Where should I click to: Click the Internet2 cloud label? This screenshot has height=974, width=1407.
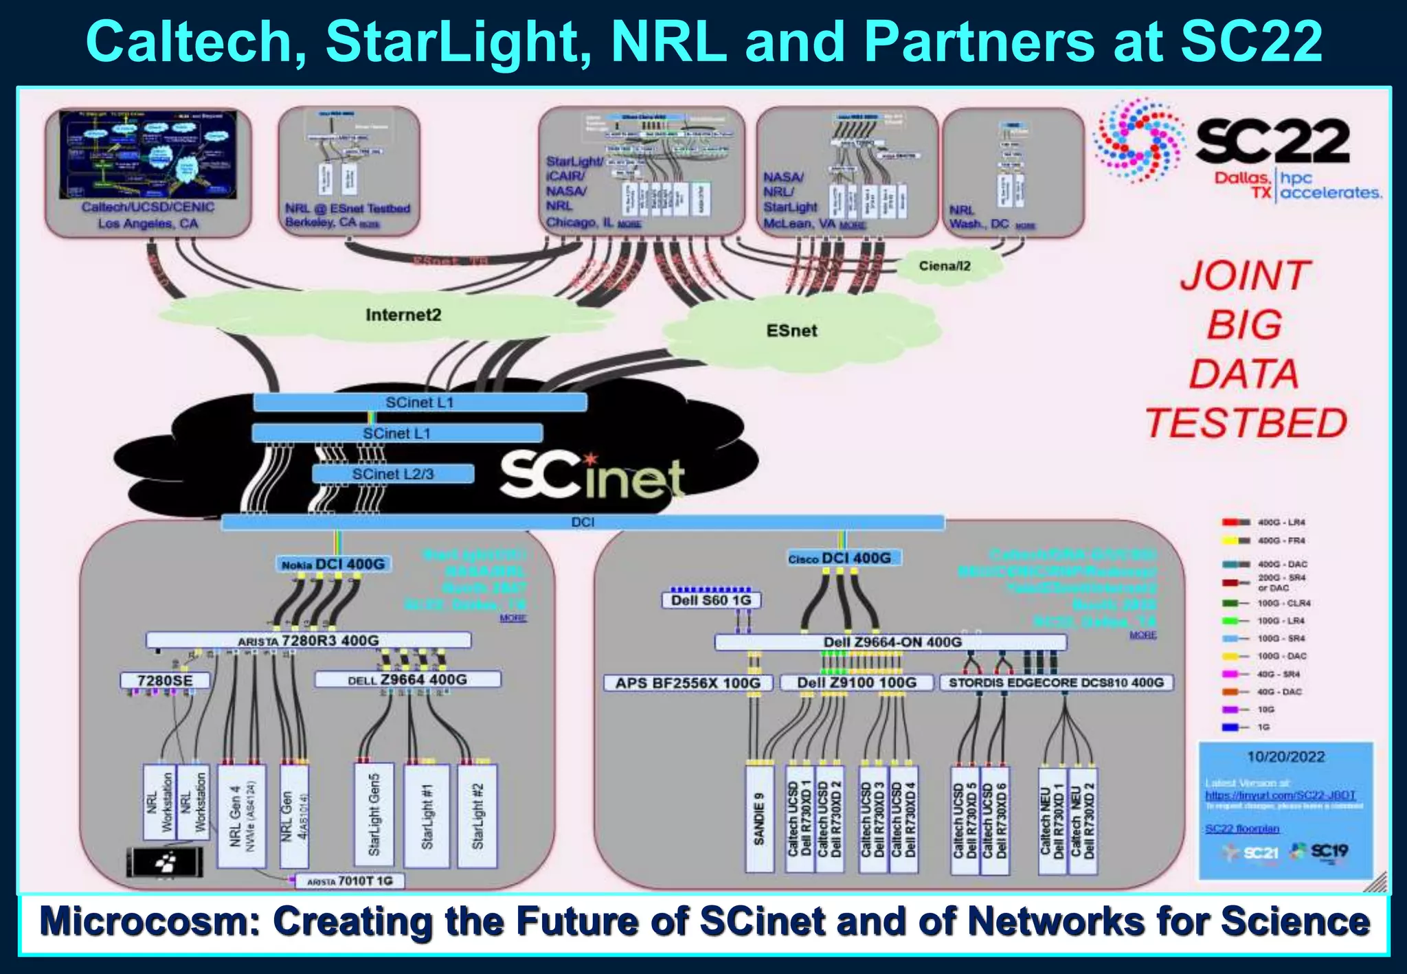click(403, 315)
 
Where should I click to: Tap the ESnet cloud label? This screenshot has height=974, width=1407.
click(791, 331)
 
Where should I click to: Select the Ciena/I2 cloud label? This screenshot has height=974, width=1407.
click(945, 266)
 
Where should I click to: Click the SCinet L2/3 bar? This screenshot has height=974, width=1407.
click(393, 474)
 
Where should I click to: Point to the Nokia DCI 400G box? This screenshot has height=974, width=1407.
click(333, 564)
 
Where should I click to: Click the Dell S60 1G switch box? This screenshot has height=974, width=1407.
click(711, 600)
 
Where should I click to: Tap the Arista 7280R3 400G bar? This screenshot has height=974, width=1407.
click(308, 641)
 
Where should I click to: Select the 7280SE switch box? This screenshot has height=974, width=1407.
click(164, 681)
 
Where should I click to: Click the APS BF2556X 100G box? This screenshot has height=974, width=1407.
click(688, 683)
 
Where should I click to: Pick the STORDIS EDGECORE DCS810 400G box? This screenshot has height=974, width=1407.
click(1056, 683)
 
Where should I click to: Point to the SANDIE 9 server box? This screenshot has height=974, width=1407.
click(759, 819)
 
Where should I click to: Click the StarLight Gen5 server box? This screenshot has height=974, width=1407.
click(374, 815)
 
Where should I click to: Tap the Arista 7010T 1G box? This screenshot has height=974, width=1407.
click(350, 881)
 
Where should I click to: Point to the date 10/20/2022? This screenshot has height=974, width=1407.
click(1285, 757)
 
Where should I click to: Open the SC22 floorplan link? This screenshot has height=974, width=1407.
click(1241, 829)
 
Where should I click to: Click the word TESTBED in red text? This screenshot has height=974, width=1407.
click(1246, 423)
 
